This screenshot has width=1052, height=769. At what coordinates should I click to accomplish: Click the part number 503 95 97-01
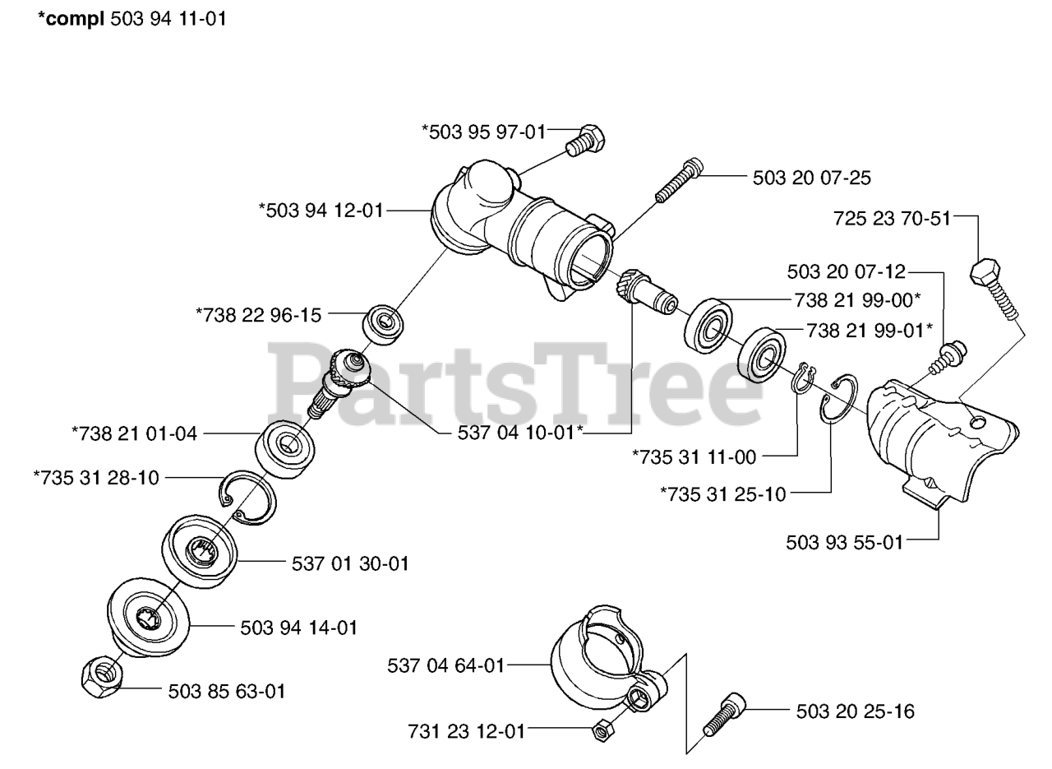point(483,131)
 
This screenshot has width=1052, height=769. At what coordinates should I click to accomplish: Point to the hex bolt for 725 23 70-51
point(996,288)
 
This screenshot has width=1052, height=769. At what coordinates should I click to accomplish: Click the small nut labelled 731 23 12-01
point(601,728)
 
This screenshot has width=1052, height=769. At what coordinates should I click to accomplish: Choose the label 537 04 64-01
point(445,665)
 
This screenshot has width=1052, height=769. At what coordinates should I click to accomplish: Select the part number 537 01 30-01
point(350,564)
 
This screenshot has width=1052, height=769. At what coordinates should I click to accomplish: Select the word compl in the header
point(72,19)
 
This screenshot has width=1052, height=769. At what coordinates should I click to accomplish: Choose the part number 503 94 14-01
point(299,628)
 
